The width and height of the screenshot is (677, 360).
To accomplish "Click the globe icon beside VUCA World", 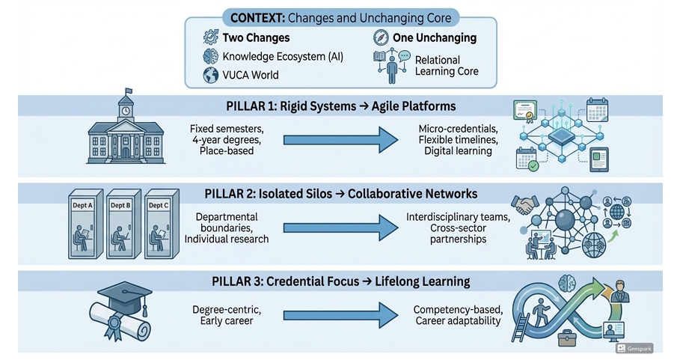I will (x=210, y=75).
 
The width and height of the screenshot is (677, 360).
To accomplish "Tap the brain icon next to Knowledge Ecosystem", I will (x=210, y=57).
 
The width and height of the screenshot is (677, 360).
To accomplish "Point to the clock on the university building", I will (x=125, y=111).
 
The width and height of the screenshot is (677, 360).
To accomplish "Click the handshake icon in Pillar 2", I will (x=527, y=204).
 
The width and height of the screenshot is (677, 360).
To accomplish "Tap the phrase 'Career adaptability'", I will (x=458, y=320).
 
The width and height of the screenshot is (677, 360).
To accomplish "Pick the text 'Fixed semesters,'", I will (x=227, y=129).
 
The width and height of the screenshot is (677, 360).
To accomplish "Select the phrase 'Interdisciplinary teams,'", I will (x=459, y=217).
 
